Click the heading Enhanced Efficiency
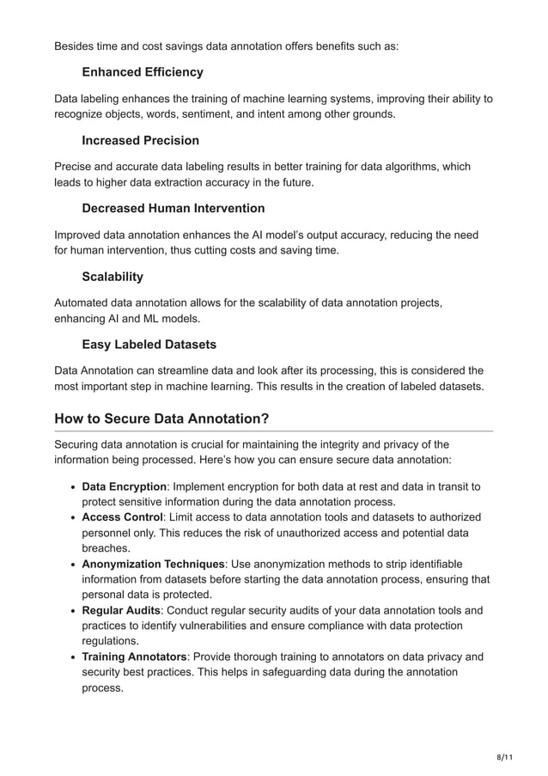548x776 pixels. [143, 72]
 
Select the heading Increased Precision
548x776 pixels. [140, 140]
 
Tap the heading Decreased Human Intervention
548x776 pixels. [173, 208]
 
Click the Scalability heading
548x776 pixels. [113, 277]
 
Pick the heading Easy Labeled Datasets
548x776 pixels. [149, 345]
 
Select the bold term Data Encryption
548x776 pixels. [124, 487]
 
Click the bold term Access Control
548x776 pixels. [122, 517]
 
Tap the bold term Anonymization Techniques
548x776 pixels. [153, 564]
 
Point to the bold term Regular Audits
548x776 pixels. [121, 610]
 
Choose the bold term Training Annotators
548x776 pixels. [134, 657]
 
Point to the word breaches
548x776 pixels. [106, 548]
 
